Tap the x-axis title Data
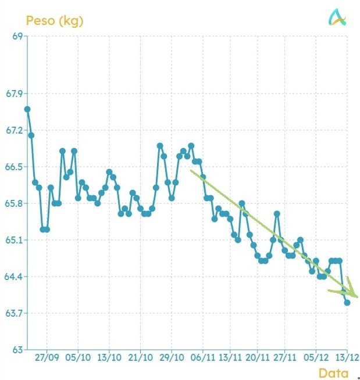(333, 373)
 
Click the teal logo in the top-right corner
(337, 19)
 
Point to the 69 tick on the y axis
(17, 36)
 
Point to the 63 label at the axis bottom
(17, 350)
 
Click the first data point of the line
(27, 109)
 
